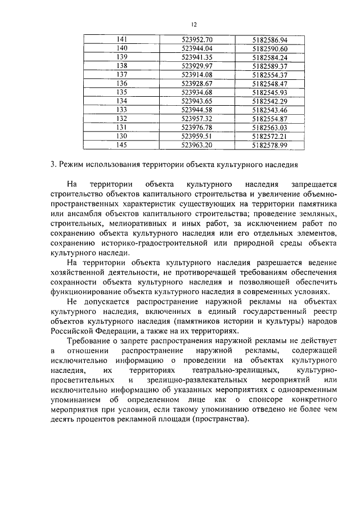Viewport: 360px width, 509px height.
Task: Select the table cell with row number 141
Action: (122, 39)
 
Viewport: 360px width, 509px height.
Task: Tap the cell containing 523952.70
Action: (197, 39)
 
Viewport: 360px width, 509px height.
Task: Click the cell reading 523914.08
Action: (197, 75)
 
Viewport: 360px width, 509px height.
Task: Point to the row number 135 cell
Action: (122, 92)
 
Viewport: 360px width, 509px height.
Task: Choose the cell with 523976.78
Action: (197, 128)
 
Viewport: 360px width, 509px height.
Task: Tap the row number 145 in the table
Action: (122, 145)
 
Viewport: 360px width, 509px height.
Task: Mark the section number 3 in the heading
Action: (52, 165)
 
